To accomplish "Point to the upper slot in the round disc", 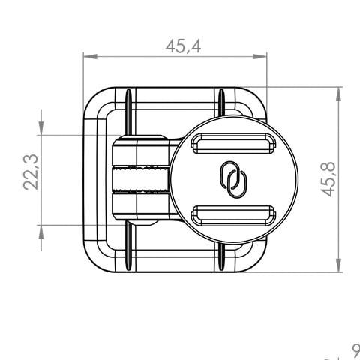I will click(x=228, y=143).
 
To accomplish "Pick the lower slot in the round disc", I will click(x=228, y=214).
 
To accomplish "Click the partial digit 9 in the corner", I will click(x=355, y=351).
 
